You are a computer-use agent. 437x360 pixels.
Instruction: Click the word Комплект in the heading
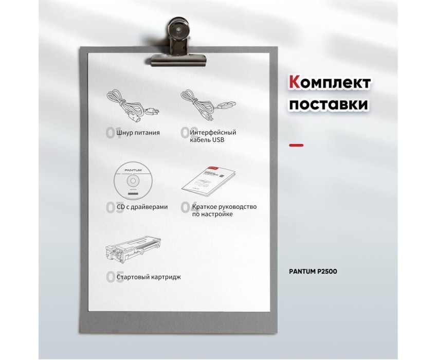[x=330, y=83]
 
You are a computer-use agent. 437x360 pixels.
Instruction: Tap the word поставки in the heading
[x=329, y=104]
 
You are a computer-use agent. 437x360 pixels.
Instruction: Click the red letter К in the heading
[x=295, y=82]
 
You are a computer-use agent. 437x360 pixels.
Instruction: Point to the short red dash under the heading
[x=296, y=145]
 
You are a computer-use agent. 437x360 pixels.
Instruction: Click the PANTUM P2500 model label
[x=313, y=272]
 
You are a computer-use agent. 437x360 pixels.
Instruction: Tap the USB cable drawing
[x=208, y=104]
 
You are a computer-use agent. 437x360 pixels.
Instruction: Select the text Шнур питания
[x=138, y=133]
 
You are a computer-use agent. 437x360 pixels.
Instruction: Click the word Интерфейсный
[x=213, y=133]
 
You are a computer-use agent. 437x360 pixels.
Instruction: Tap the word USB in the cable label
[x=218, y=140]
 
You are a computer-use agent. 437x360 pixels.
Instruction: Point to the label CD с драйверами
[x=142, y=207]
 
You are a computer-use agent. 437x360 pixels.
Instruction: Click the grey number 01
[x=111, y=133]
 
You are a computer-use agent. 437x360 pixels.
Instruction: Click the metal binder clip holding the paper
[x=178, y=42]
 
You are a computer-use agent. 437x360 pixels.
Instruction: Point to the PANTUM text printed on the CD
[x=133, y=170]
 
